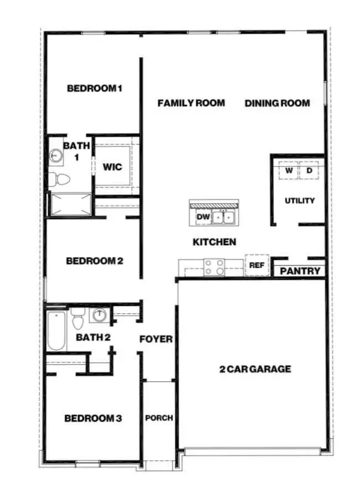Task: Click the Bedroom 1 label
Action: click(94, 88)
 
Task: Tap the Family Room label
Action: click(191, 103)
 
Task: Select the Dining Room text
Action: click(277, 103)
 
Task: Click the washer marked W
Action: click(289, 170)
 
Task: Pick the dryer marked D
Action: click(309, 170)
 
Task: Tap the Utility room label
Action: click(300, 200)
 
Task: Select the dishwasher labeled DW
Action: click(203, 217)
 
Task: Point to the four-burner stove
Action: click(214, 267)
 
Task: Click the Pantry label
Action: click(300, 271)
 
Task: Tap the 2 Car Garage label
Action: click(255, 369)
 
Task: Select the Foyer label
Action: click(155, 339)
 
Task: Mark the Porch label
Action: click(159, 418)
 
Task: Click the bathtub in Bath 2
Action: click(56, 331)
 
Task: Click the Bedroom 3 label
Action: click(93, 418)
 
